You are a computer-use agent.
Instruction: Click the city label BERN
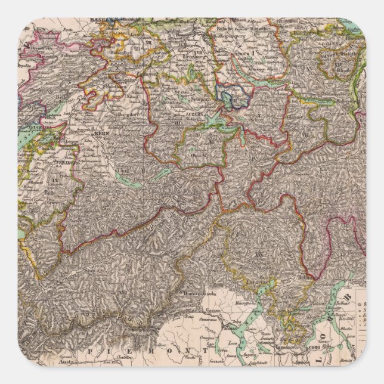[x=100, y=134]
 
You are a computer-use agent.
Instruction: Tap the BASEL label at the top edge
[x=98, y=20]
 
